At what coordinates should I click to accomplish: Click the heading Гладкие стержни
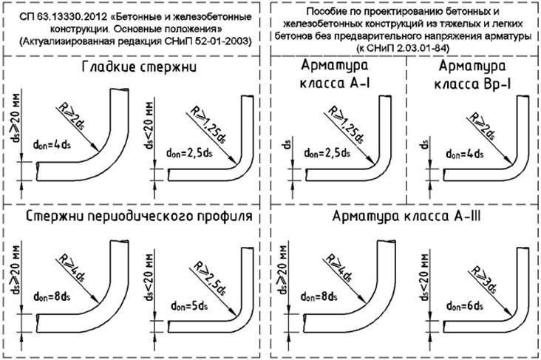point(139,67)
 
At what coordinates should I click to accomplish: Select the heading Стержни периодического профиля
point(139,217)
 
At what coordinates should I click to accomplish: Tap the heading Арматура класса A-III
point(406,216)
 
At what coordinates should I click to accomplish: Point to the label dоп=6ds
point(464,306)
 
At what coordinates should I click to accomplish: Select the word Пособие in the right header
point(321,11)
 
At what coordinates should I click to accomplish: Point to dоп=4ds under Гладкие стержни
point(52,144)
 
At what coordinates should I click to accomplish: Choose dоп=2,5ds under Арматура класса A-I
point(327,153)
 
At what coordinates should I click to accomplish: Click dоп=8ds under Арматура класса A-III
point(319,296)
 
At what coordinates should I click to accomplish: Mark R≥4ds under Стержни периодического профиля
point(72,268)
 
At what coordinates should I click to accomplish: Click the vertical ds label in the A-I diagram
point(287,144)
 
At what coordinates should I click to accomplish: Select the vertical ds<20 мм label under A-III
point(425,277)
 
